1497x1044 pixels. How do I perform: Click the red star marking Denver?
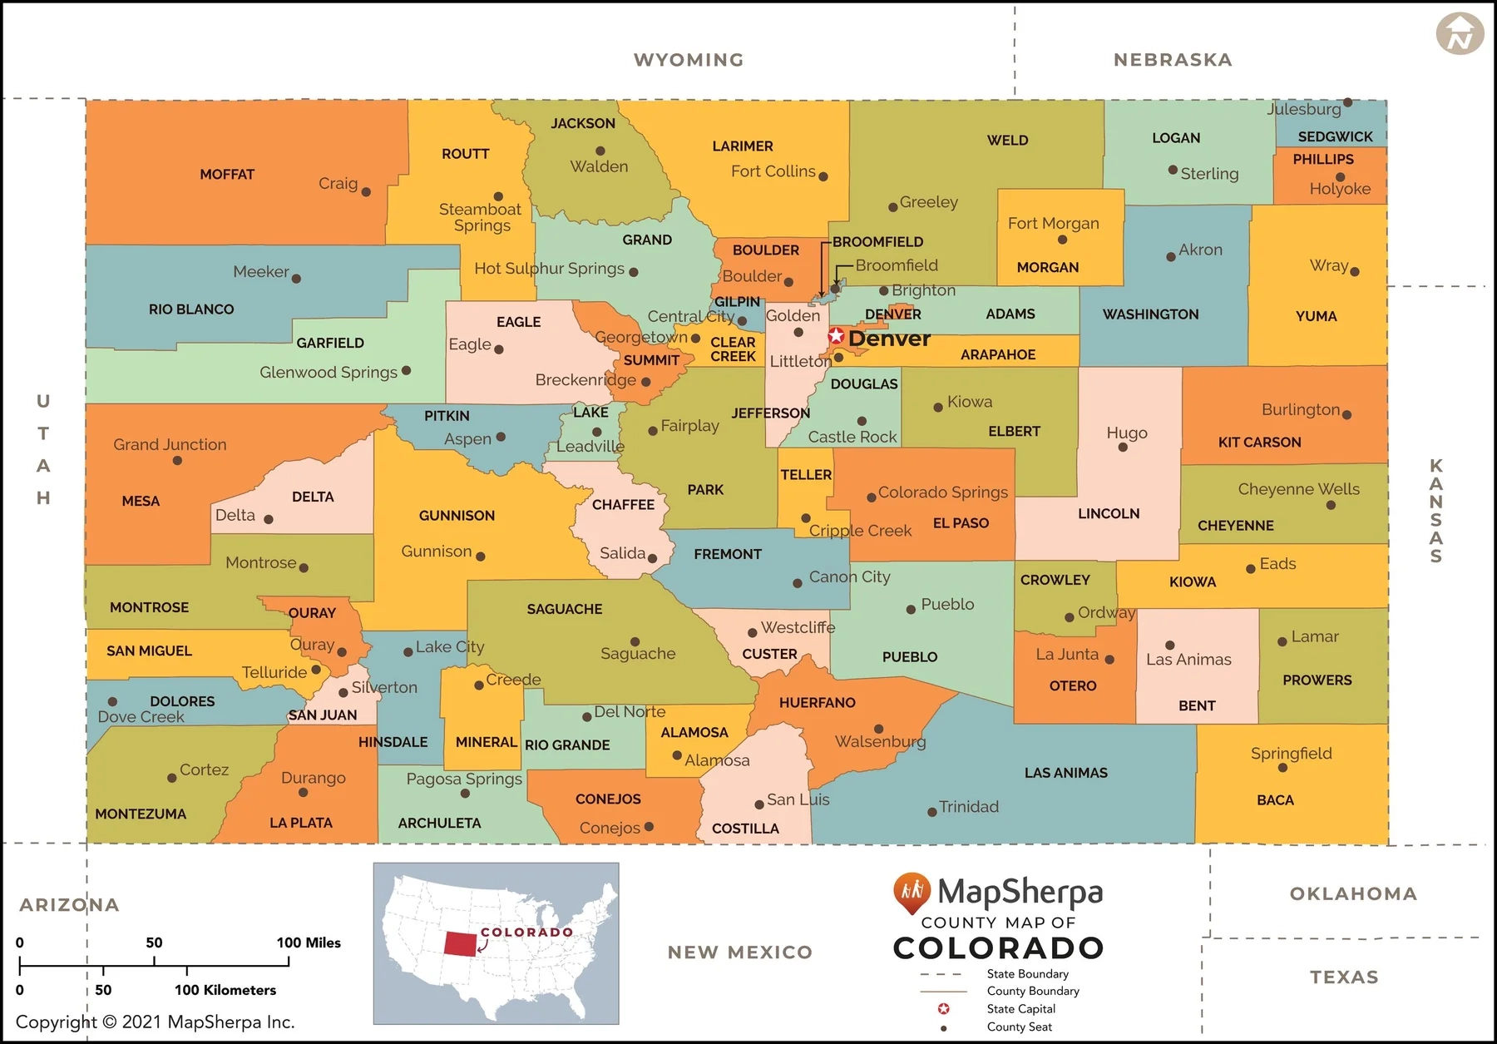836,337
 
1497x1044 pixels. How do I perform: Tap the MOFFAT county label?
227,175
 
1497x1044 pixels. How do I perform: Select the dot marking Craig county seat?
366,192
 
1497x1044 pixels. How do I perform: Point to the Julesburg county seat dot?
1347,103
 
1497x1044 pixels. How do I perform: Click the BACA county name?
1275,800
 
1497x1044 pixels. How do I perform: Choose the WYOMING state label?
689,60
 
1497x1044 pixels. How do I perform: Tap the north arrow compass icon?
1460,34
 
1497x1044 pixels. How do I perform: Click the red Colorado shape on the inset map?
460,943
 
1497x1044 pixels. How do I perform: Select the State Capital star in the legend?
943,1009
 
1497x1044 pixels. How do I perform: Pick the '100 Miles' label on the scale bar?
309,943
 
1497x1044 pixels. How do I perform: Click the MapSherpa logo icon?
912,893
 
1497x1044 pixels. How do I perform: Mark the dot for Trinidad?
932,812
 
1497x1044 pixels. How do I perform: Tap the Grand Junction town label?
170,445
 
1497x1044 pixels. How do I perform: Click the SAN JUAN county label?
323,715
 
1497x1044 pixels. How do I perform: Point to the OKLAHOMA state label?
1353,894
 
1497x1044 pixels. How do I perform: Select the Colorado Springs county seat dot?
871,497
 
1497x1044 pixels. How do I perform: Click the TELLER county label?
806,475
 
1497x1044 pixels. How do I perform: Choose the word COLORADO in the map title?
998,948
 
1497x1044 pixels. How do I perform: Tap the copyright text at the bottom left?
156,1022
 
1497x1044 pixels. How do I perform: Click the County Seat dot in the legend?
943,1028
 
